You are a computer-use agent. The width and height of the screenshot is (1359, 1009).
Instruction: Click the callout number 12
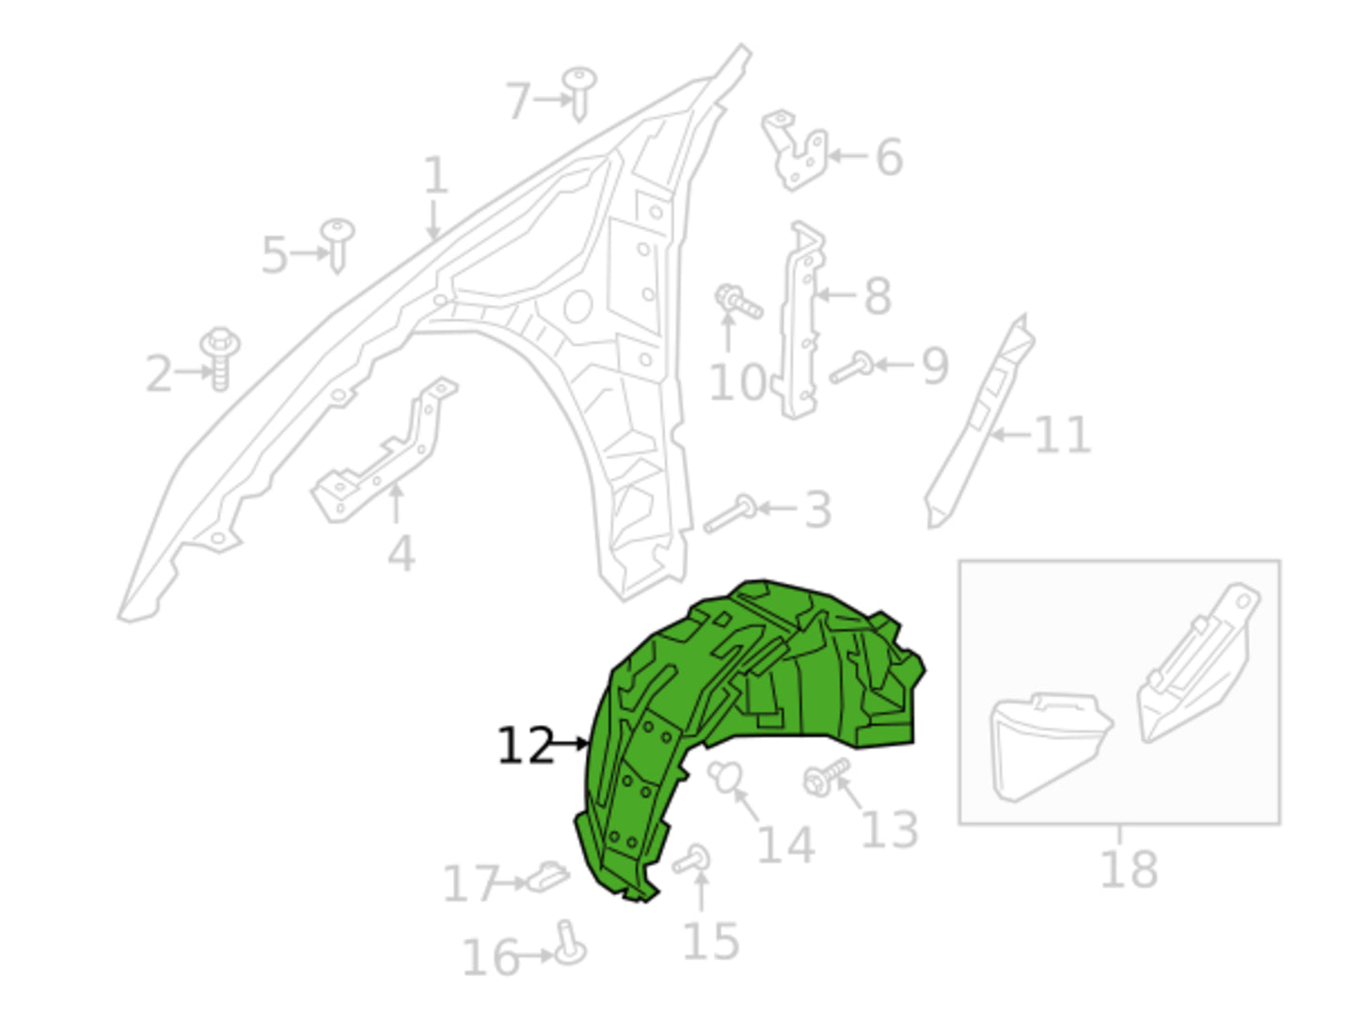[526, 746]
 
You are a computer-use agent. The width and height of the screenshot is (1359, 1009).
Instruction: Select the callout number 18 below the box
[1129, 869]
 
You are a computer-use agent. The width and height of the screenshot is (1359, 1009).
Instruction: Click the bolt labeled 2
[220, 358]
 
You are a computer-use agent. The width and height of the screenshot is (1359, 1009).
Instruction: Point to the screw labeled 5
[338, 245]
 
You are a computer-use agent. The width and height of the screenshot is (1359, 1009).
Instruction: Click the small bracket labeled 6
[794, 150]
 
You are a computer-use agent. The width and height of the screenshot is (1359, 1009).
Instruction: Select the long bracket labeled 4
[383, 451]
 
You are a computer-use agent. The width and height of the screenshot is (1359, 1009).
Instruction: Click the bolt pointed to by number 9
[851, 368]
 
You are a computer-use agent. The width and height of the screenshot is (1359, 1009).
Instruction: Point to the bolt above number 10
[738, 302]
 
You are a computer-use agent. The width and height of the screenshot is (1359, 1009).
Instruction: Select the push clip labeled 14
[725, 777]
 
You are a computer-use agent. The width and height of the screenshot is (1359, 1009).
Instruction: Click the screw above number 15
[691, 859]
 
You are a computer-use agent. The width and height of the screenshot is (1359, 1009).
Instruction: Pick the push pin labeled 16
[570, 943]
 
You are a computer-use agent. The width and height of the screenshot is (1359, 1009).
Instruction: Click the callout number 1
[435, 175]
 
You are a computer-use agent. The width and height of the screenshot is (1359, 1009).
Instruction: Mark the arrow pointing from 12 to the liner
[571, 744]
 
